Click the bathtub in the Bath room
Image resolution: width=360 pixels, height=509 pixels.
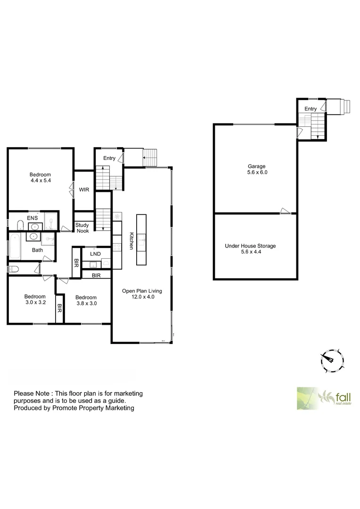[14, 246]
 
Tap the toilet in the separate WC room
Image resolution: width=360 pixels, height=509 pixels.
[14, 269]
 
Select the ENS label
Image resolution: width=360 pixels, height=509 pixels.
[33, 218]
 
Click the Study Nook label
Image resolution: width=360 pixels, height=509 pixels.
[82, 228]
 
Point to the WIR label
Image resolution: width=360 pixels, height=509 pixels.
[84, 189]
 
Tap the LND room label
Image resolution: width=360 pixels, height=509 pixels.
[95, 254]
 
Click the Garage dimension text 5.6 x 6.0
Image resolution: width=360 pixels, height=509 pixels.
[257, 172]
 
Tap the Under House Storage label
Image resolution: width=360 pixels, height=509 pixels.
[250, 246]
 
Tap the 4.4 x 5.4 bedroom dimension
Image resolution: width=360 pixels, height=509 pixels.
[40, 181]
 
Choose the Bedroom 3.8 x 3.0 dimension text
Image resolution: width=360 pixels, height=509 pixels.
[86, 304]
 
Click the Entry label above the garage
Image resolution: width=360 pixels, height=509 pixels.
[311, 109]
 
